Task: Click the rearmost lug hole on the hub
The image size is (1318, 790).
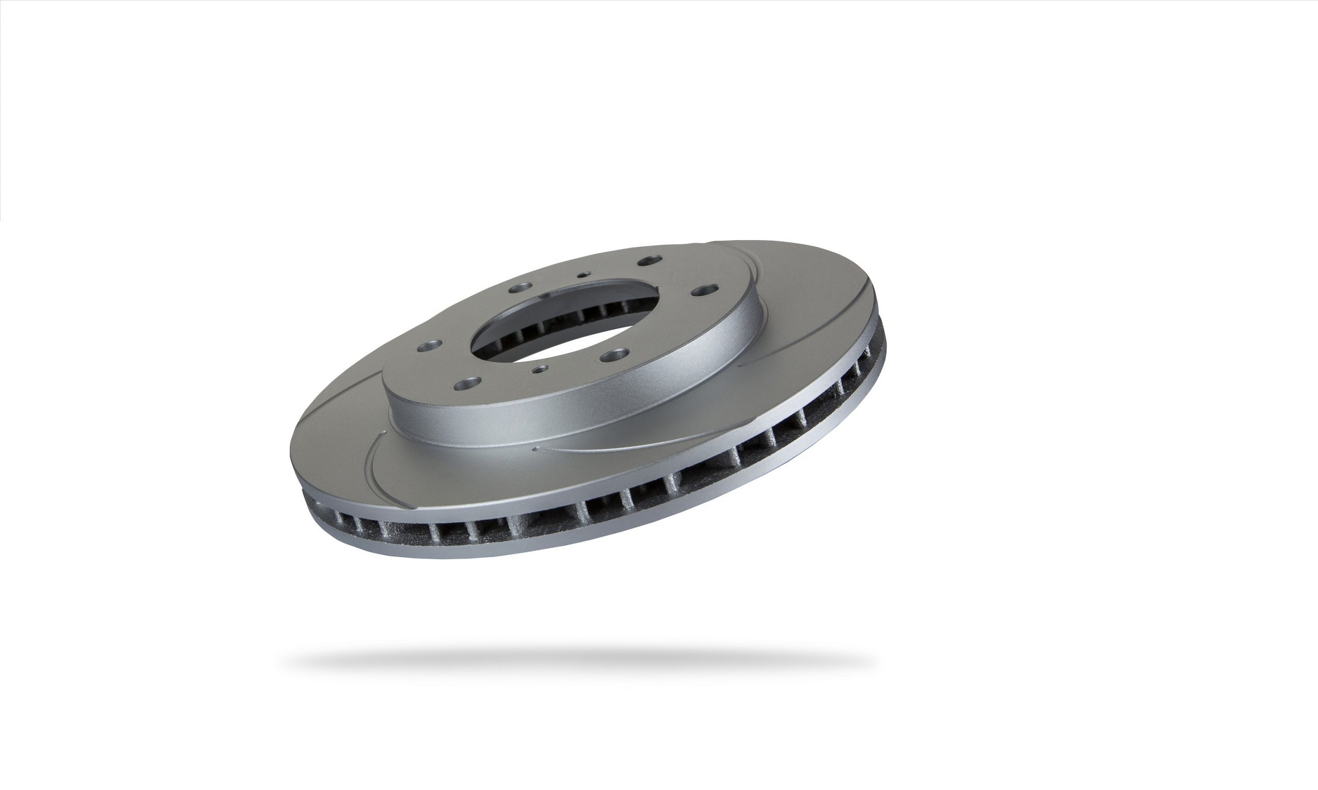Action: [650, 261]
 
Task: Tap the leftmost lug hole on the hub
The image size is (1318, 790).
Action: [429, 347]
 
